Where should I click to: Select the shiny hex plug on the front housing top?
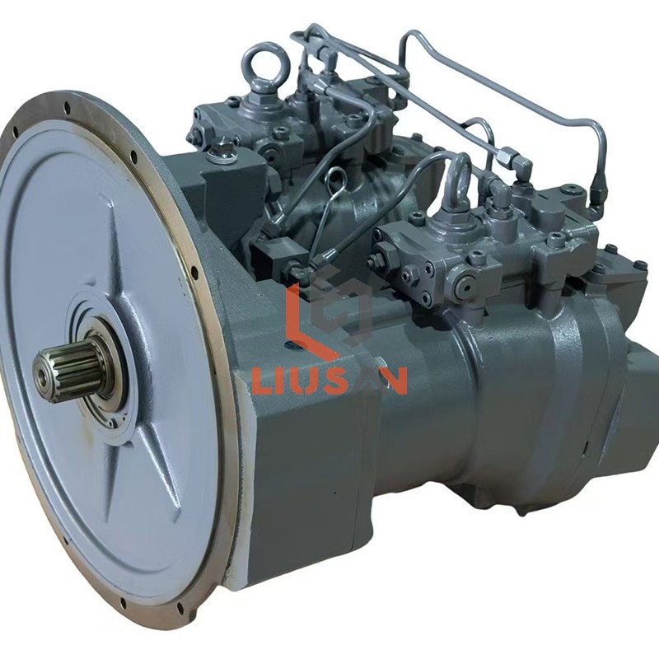(222, 152)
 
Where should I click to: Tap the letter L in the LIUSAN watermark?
(263, 381)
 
